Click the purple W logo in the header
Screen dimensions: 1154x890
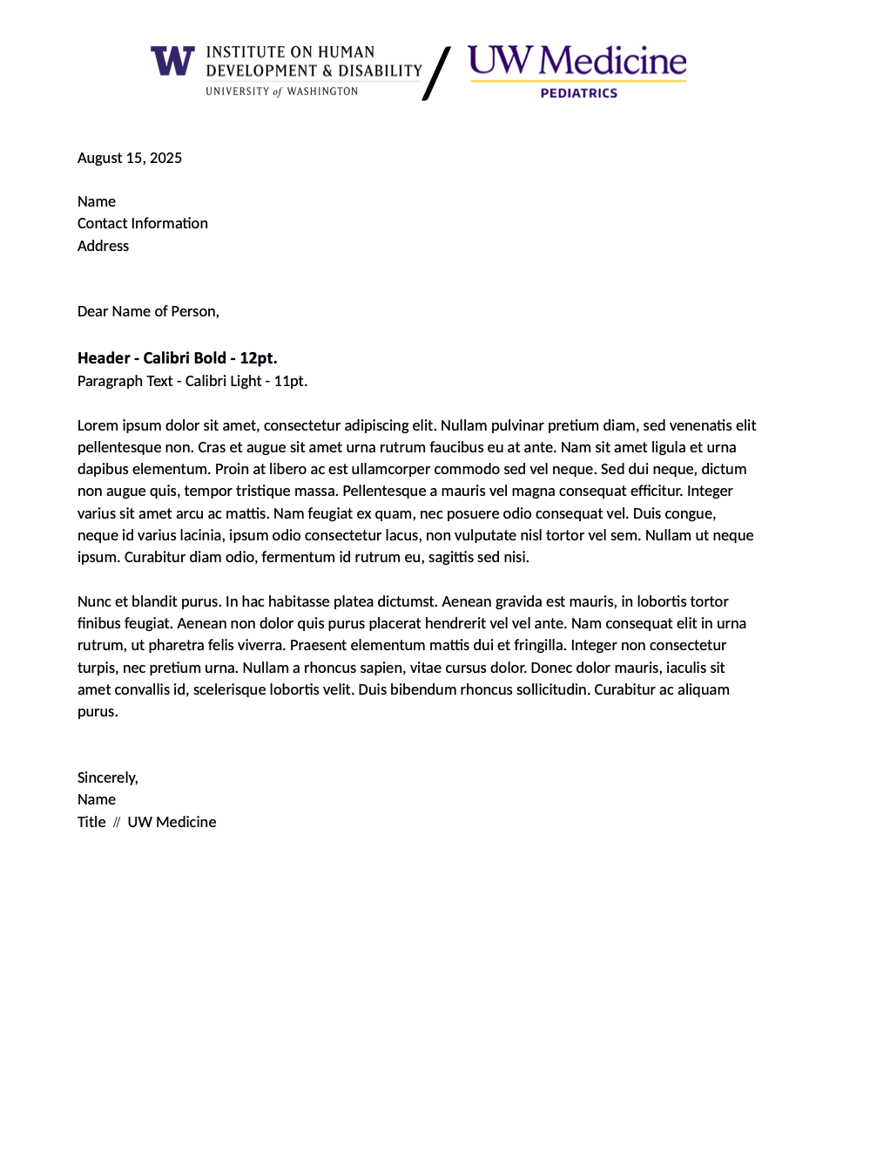[172, 61]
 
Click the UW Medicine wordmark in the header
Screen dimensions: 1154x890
[576, 60]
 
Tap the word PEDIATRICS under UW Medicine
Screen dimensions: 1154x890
[578, 93]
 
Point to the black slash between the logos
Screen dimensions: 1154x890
[437, 73]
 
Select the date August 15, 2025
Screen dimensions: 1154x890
[130, 158]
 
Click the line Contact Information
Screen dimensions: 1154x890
[143, 223]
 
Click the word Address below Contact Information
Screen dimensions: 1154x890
[103, 246]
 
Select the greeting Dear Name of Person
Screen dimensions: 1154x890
[148, 311]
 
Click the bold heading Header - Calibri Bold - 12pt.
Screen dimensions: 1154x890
[177, 358]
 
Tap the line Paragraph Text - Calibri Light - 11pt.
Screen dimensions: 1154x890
[192, 381]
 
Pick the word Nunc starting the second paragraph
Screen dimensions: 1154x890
[94, 601]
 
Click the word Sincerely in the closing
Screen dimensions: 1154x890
[107, 777]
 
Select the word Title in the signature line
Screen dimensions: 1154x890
[91, 822]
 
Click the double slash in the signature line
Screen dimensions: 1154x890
[117, 822]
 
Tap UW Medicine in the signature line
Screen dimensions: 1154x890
[172, 822]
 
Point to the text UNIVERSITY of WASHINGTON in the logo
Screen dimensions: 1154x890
[281, 92]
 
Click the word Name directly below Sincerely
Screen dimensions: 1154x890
[97, 799]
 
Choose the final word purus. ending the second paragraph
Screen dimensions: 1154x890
[98, 711]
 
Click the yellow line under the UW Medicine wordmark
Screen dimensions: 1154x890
[578, 81]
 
